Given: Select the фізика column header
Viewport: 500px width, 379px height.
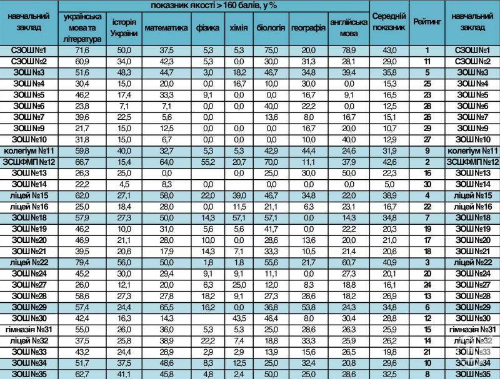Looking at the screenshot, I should click(x=204, y=28).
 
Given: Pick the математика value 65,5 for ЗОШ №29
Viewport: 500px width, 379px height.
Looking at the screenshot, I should click(x=166, y=308).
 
